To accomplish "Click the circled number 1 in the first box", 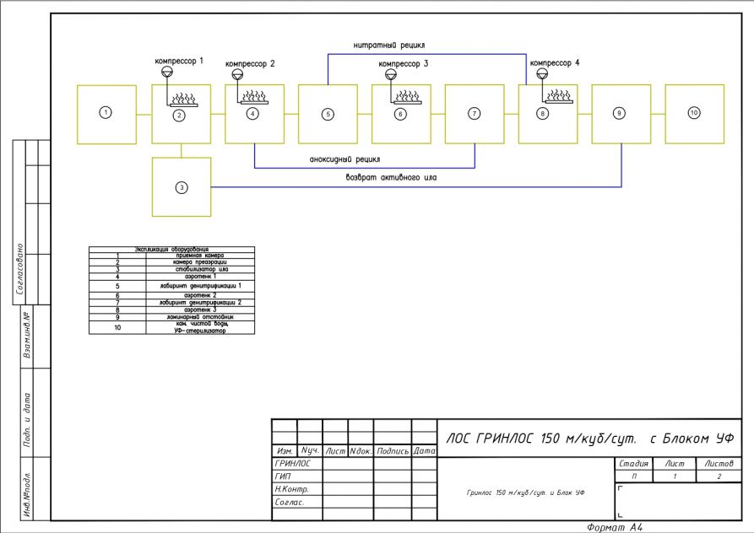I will pyautogui.click(x=105, y=112).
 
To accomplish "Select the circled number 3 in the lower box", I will pyautogui.click(x=181, y=187).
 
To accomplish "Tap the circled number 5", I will pyautogui.click(x=328, y=114).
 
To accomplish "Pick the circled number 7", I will pyautogui.click(x=475, y=114).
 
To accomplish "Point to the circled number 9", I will pyautogui.click(x=620, y=112).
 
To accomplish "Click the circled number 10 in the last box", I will pyautogui.click(x=694, y=112).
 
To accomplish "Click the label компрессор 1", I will pyautogui.click(x=179, y=61).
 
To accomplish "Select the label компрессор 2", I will pyautogui.click(x=251, y=64).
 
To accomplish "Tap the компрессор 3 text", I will pyautogui.click(x=404, y=64).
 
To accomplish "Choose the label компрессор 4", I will pyautogui.click(x=555, y=62).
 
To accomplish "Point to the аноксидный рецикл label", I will pyautogui.click(x=344, y=159).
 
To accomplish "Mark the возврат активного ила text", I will pyautogui.click(x=391, y=178).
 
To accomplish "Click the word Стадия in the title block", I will pyautogui.click(x=633, y=463).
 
